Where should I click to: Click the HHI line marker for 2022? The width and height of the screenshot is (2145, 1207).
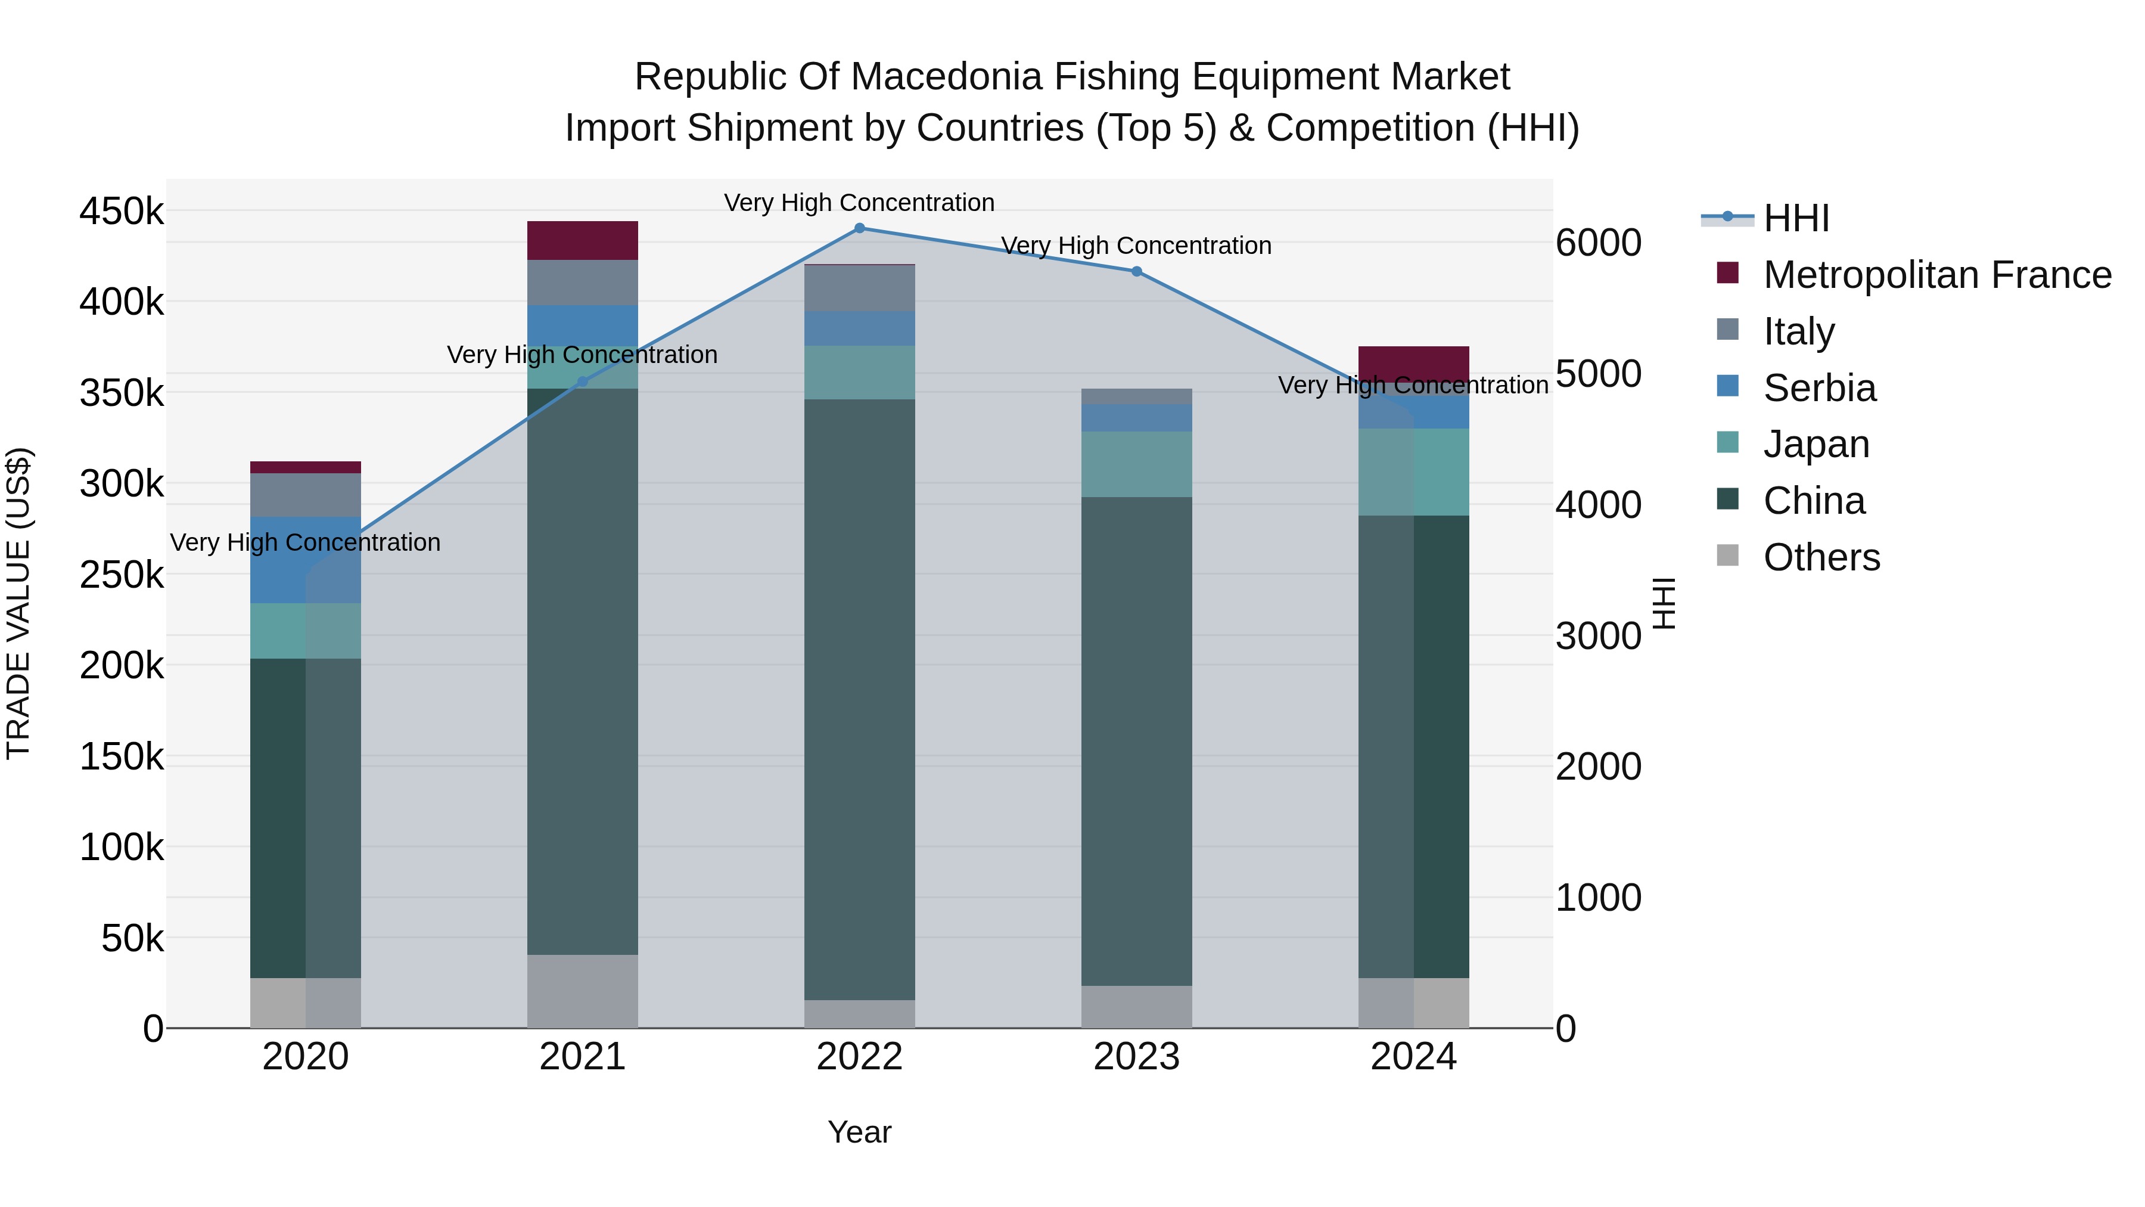point(859,228)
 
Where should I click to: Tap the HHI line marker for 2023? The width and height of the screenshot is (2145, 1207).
point(1137,272)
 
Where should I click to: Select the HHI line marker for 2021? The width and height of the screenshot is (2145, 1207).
point(583,381)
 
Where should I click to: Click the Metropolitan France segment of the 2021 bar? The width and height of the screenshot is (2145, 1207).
point(583,241)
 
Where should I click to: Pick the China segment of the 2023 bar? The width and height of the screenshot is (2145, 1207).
point(1137,741)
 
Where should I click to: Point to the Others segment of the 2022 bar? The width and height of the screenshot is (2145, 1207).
point(859,1014)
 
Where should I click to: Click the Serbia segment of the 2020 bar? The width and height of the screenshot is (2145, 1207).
point(306,560)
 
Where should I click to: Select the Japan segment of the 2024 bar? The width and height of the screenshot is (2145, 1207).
point(1414,472)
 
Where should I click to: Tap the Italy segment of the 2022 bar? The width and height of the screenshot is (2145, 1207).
point(859,288)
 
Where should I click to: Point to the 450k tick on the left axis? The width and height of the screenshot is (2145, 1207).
point(122,212)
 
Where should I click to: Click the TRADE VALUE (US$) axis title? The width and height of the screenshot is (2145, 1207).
point(18,604)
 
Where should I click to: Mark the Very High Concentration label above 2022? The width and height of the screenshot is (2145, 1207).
point(859,203)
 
